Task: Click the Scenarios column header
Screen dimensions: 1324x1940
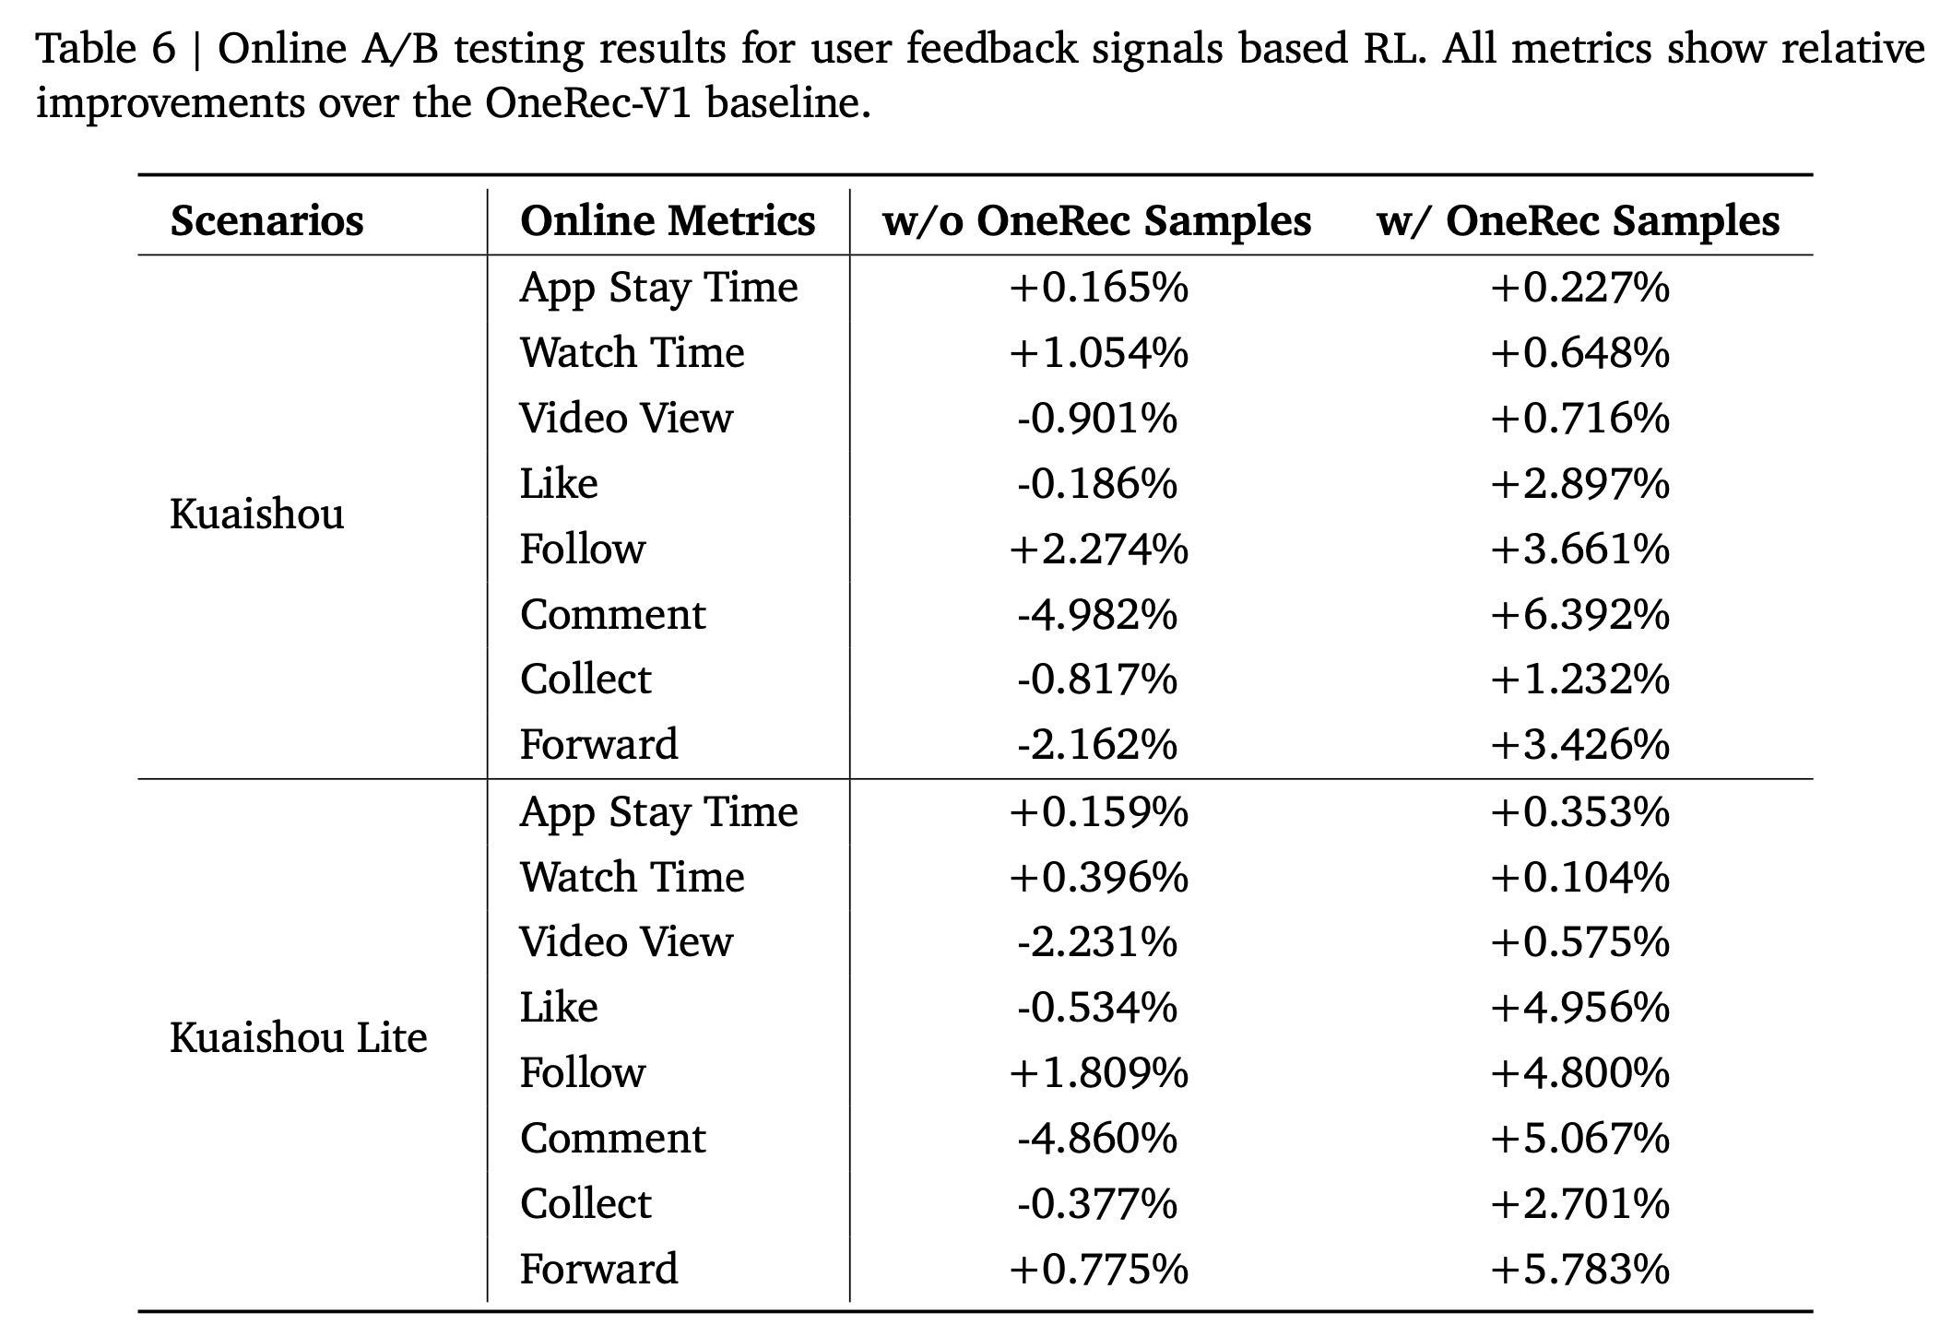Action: point(266,221)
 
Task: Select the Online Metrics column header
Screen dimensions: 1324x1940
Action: point(667,221)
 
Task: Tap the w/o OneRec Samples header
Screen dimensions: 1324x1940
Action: point(1096,221)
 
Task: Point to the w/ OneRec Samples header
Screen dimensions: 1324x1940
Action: point(1578,221)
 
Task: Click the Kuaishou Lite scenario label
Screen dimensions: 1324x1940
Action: point(298,1038)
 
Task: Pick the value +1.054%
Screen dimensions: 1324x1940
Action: point(1098,353)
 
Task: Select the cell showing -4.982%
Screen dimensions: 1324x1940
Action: point(1097,615)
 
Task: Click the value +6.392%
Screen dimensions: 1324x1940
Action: point(1579,615)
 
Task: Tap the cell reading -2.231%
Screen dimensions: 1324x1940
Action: point(1097,942)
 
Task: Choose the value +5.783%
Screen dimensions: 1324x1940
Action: point(1579,1270)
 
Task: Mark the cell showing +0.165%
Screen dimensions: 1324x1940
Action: point(1098,288)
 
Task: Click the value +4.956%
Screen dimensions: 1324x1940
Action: point(1579,1008)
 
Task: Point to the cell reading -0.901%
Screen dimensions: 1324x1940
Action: point(1097,419)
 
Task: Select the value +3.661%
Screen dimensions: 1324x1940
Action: point(1579,550)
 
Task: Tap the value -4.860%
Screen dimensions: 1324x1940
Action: point(1097,1139)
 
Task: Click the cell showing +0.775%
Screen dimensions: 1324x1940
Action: point(1098,1270)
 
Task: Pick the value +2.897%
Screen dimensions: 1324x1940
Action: point(1579,484)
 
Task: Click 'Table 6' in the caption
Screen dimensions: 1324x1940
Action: point(105,48)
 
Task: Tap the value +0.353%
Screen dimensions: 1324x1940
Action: point(1579,812)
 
